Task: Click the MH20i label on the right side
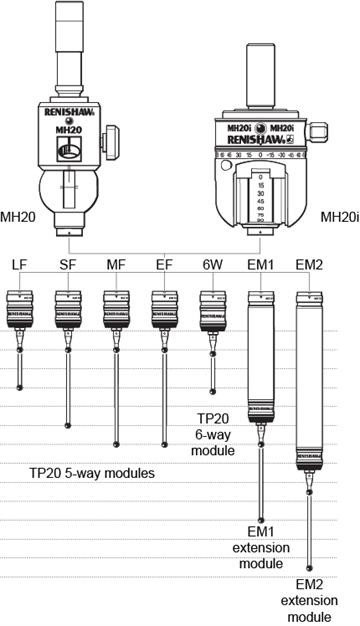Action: pyautogui.click(x=337, y=215)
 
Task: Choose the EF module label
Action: pyautogui.click(x=163, y=264)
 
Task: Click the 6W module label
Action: pyautogui.click(x=212, y=264)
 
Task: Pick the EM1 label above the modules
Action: pyautogui.click(x=261, y=264)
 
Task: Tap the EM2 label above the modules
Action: pyautogui.click(x=310, y=264)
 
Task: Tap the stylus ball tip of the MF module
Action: pyautogui.click(x=116, y=443)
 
